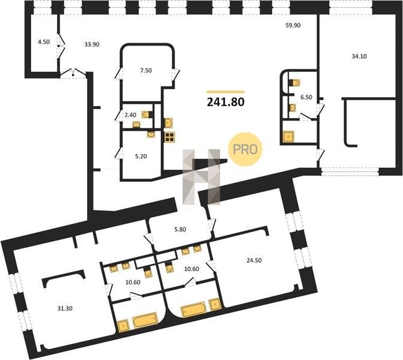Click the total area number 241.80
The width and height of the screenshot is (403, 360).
pos(225,102)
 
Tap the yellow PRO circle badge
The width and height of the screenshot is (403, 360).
pos(245,149)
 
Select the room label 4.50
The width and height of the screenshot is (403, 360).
pos(44,41)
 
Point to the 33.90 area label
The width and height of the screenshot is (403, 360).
pos(92,44)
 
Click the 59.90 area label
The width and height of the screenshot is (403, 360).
pos(293,25)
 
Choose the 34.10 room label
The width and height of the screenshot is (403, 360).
pos(359,56)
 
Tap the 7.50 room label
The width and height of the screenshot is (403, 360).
pos(146,70)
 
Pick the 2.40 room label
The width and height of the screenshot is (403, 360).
pos(130,115)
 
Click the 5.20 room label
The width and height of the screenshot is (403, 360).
pos(141,157)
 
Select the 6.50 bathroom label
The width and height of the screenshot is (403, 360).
pos(306,97)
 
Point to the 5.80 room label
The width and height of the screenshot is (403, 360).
pos(180,229)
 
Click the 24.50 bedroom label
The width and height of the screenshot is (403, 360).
pos(254,260)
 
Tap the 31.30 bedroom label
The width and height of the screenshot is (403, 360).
pos(65,308)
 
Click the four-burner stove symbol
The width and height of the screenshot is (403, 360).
pos(170,137)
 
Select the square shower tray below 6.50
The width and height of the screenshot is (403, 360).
pos(288,137)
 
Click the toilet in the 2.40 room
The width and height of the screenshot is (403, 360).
pos(147,114)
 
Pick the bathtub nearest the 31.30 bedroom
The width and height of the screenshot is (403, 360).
pos(144,320)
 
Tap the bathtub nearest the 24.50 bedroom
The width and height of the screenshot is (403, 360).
pos(194,310)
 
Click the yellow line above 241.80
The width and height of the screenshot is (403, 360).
pos(225,92)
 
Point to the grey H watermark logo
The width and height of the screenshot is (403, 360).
pos(201,177)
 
